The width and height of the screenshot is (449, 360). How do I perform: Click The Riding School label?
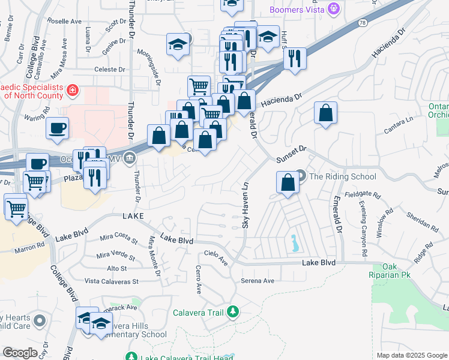(x=342, y=176)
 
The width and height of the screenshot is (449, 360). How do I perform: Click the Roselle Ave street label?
(x=67, y=21)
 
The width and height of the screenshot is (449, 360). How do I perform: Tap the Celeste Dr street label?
(x=109, y=70)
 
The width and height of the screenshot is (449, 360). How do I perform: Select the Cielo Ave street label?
(x=216, y=258)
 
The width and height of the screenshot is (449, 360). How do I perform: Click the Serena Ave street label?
(x=258, y=281)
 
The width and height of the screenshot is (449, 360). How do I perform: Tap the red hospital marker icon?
(x=72, y=91)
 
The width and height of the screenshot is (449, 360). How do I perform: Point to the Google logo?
(x=20, y=353)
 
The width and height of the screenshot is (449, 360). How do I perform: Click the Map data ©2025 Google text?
(x=411, y=355)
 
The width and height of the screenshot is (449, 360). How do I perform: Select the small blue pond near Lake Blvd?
(x=295, y=244)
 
